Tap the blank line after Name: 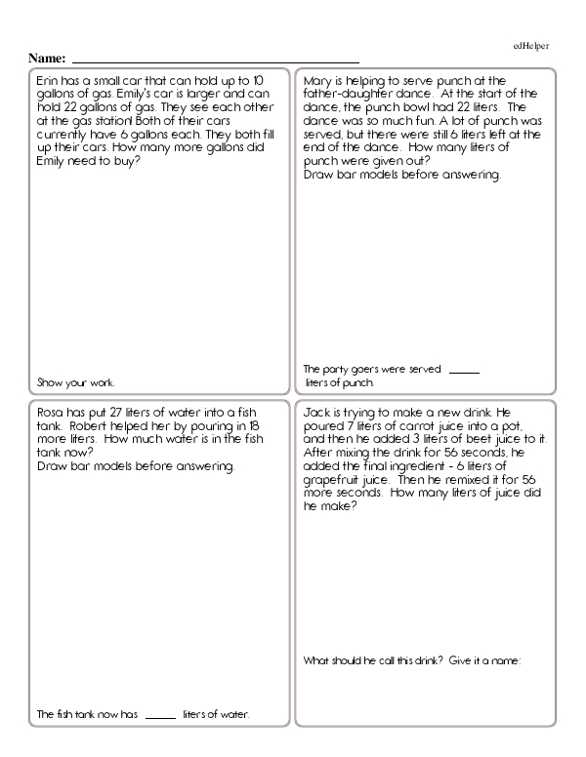(215, 60)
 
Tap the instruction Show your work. (75, 381)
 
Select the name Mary (318, 81)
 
